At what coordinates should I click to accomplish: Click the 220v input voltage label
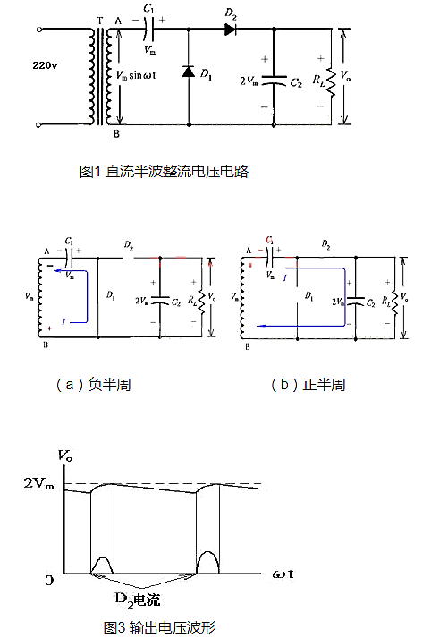pyautogui.click(x=45, y=66)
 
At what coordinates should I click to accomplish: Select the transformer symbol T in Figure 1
pyautogui.click(x=99, y=75)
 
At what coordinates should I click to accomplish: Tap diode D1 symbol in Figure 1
pyautogui.click(x=189, y=72)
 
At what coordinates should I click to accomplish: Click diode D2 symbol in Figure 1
pyautogui.click(x=230, y=30)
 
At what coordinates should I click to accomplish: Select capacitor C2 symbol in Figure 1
pyautogui.click(x=274, y=83)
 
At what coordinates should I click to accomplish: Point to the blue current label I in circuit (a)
pyautogui.click(x=64, y=319)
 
